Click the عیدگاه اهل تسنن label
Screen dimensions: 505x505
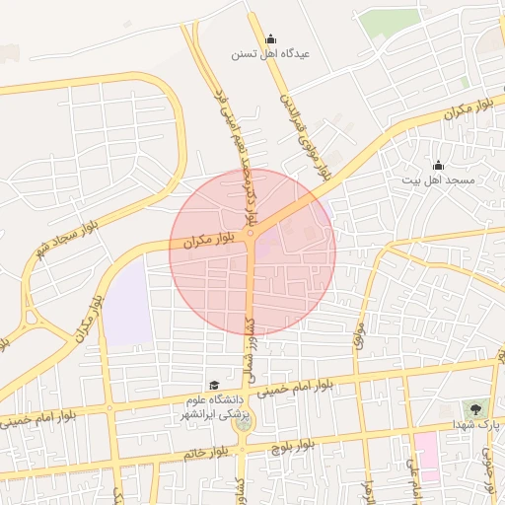click(270, 54)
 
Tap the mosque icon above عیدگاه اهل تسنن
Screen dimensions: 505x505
click(271, 39)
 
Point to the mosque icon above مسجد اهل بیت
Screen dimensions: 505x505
click(438, 165)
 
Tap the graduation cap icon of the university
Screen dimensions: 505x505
click(213, 385)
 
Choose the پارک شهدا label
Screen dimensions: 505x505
click(476, 423)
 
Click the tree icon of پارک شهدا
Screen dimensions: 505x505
click(476, 408)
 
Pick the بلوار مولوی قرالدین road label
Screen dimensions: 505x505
click(303, 138)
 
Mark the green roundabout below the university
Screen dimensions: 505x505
click(242, 422)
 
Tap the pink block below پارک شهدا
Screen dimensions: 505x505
click(427, 456)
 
